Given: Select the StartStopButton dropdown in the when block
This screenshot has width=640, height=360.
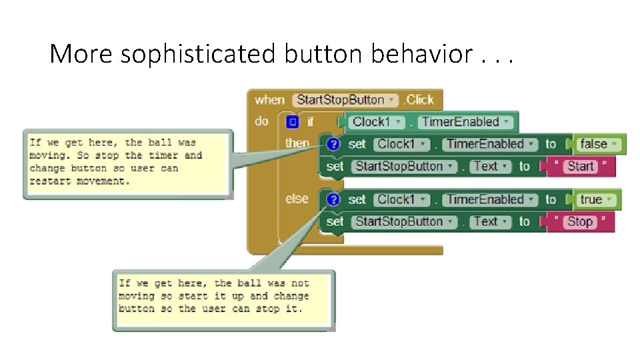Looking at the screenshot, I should coord(345,100).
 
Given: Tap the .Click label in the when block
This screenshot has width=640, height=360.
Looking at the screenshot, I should coord(418,100).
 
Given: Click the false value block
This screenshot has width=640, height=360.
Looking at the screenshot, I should coord(597,144).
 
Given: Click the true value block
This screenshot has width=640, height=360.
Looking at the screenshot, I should coord(595,199).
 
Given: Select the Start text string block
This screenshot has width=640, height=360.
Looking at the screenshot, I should coord(581,166).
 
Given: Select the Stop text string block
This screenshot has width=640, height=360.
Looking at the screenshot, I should coord(580,221).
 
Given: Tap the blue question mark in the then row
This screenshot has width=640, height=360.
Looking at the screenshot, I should coord(334,144).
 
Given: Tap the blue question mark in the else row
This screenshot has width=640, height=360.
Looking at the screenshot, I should coord(334,199).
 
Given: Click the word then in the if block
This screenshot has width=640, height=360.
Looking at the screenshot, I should coord(297,143).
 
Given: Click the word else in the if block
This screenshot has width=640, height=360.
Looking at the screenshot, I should coord(297,199).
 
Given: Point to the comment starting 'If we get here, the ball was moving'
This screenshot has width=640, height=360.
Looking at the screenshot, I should coord(128,162).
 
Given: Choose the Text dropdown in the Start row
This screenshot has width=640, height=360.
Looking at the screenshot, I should coord(490,166).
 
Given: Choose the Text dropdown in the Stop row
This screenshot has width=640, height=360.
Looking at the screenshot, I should coord(490,221).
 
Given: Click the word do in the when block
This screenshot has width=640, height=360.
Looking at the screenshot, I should coord(261,121).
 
